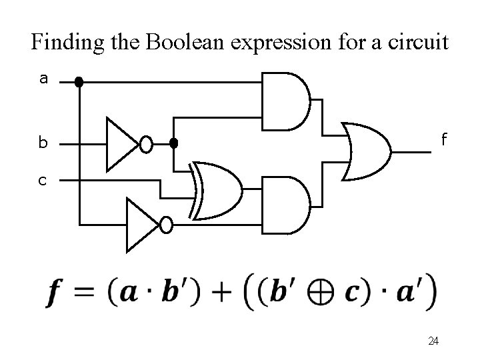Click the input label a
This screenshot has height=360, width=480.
[43, 79]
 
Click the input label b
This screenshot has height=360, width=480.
[43, 143]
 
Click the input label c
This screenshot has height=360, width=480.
[43, 179]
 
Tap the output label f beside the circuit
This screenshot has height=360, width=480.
[442, 140]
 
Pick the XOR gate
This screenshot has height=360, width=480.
[216, 191]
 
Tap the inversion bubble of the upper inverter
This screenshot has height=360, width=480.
[146, 143]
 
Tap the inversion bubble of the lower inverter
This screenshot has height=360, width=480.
[166, 225]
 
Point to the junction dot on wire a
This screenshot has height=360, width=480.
[79, 83]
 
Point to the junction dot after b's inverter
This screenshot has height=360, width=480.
[174, 143]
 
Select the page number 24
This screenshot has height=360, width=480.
[433, 341]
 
